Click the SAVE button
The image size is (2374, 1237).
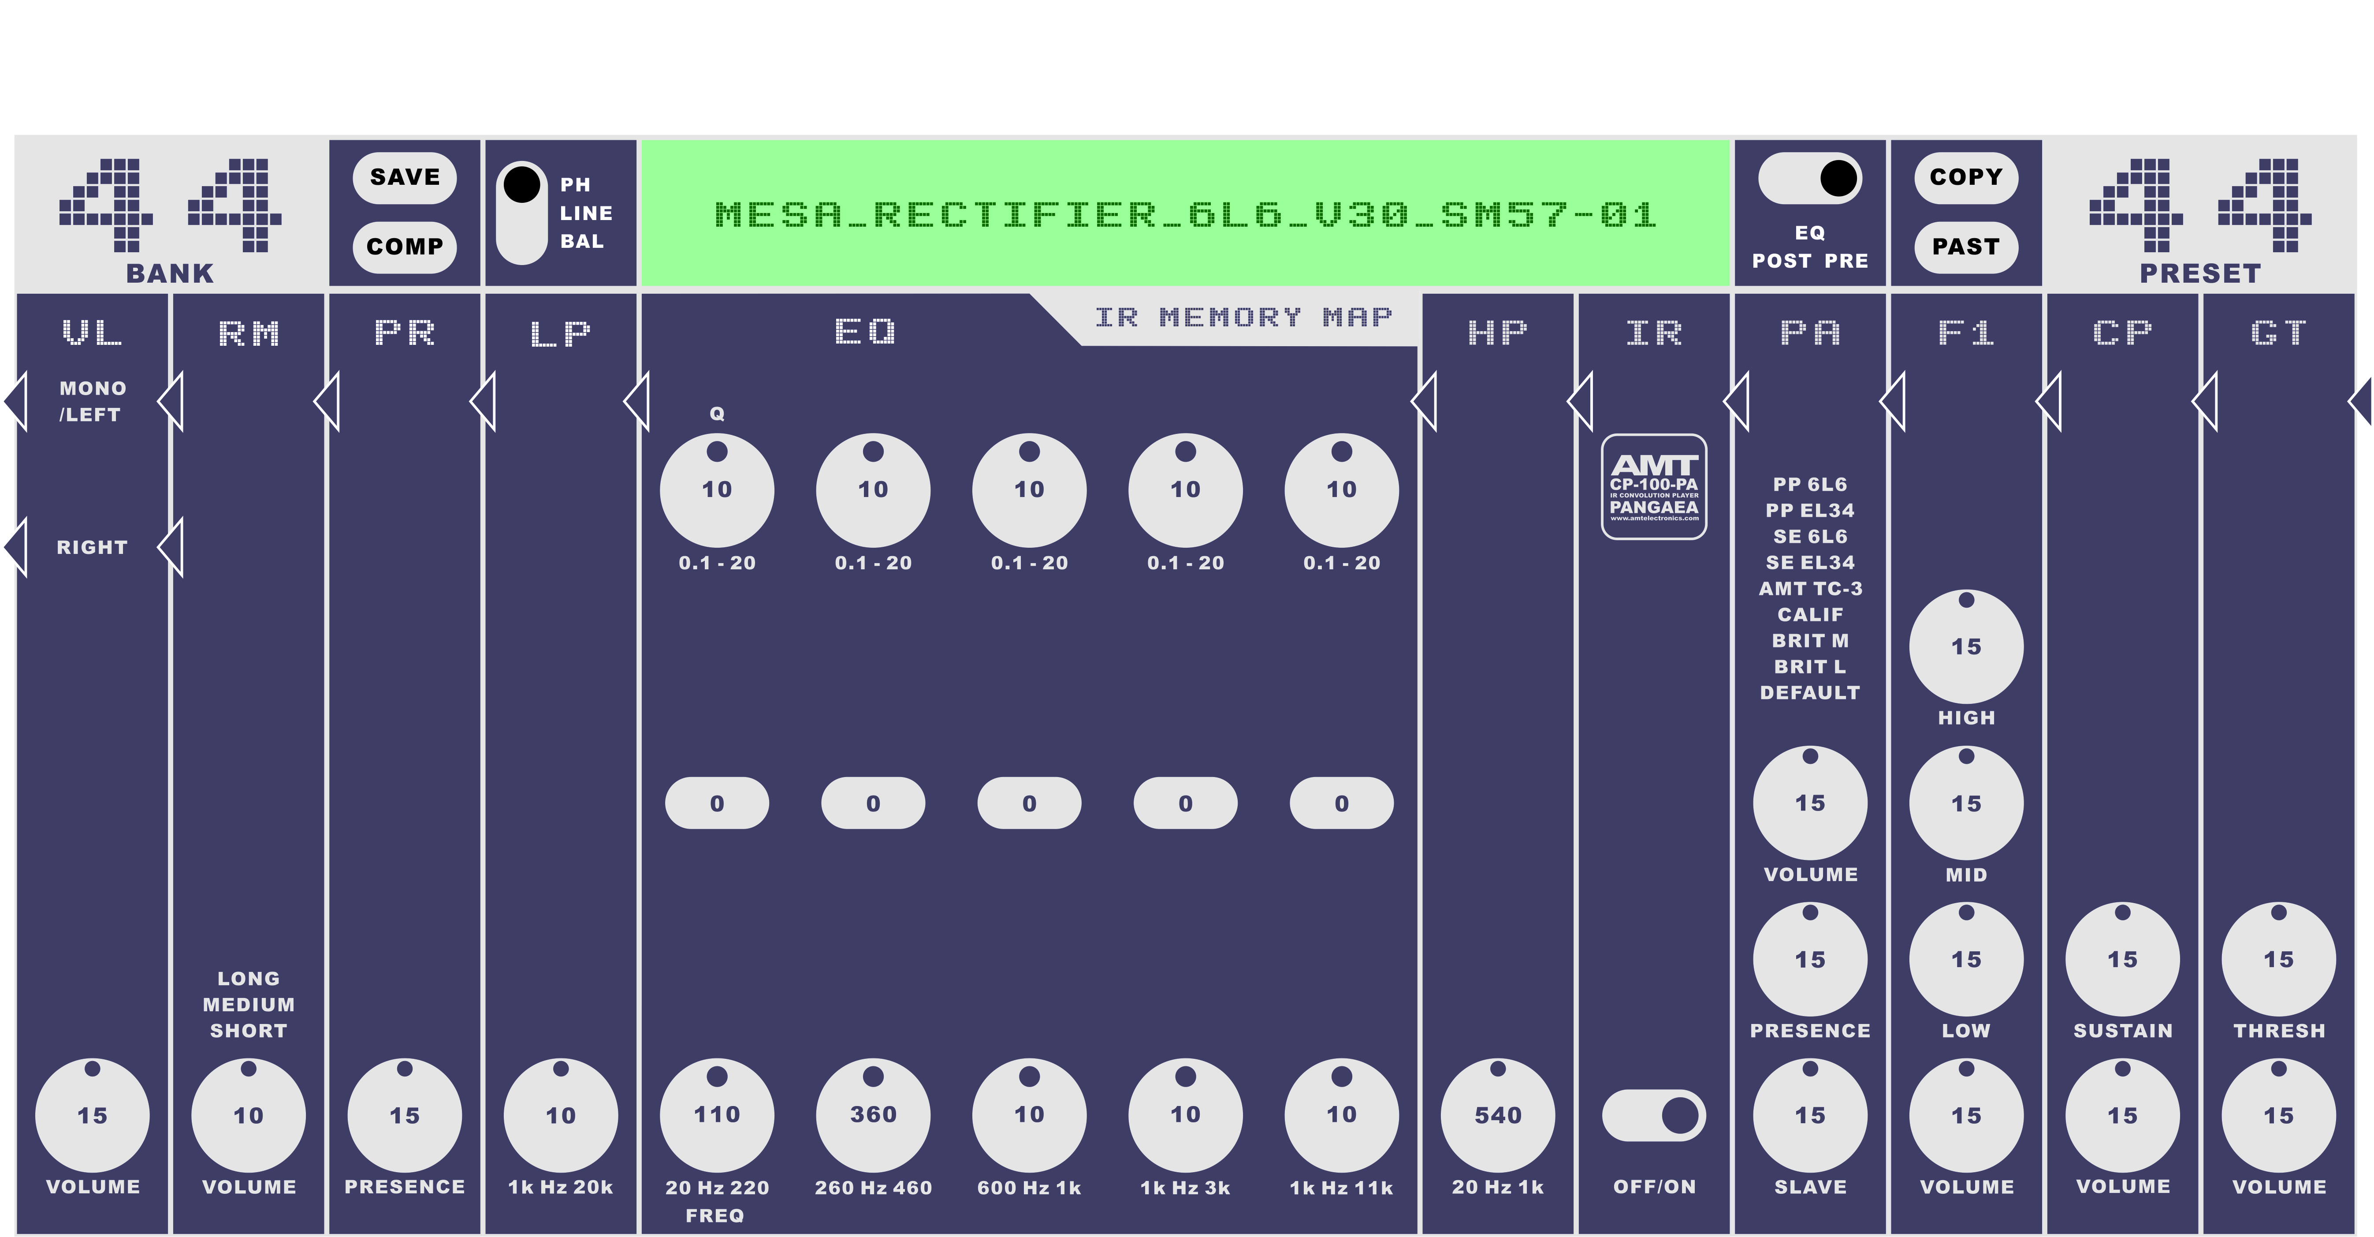[x=405, y=177]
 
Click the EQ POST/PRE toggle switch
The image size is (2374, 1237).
[x=1809, y=178]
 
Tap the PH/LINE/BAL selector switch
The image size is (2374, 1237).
[x=521, y=213]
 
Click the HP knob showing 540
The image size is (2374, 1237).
[x=1498, y=1115]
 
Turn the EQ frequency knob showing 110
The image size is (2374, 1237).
[x=717, y=1115]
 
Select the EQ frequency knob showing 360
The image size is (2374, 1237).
[x=873, y=1115]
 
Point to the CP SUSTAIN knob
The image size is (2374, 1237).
[x=2122, y=960]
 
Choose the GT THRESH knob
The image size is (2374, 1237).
[x=2278, y=960]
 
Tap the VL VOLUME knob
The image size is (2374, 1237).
[x=92, y=1115]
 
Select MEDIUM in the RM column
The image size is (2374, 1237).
[x=249, y=1005]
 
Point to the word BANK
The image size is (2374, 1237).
[x=170, y=274]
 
